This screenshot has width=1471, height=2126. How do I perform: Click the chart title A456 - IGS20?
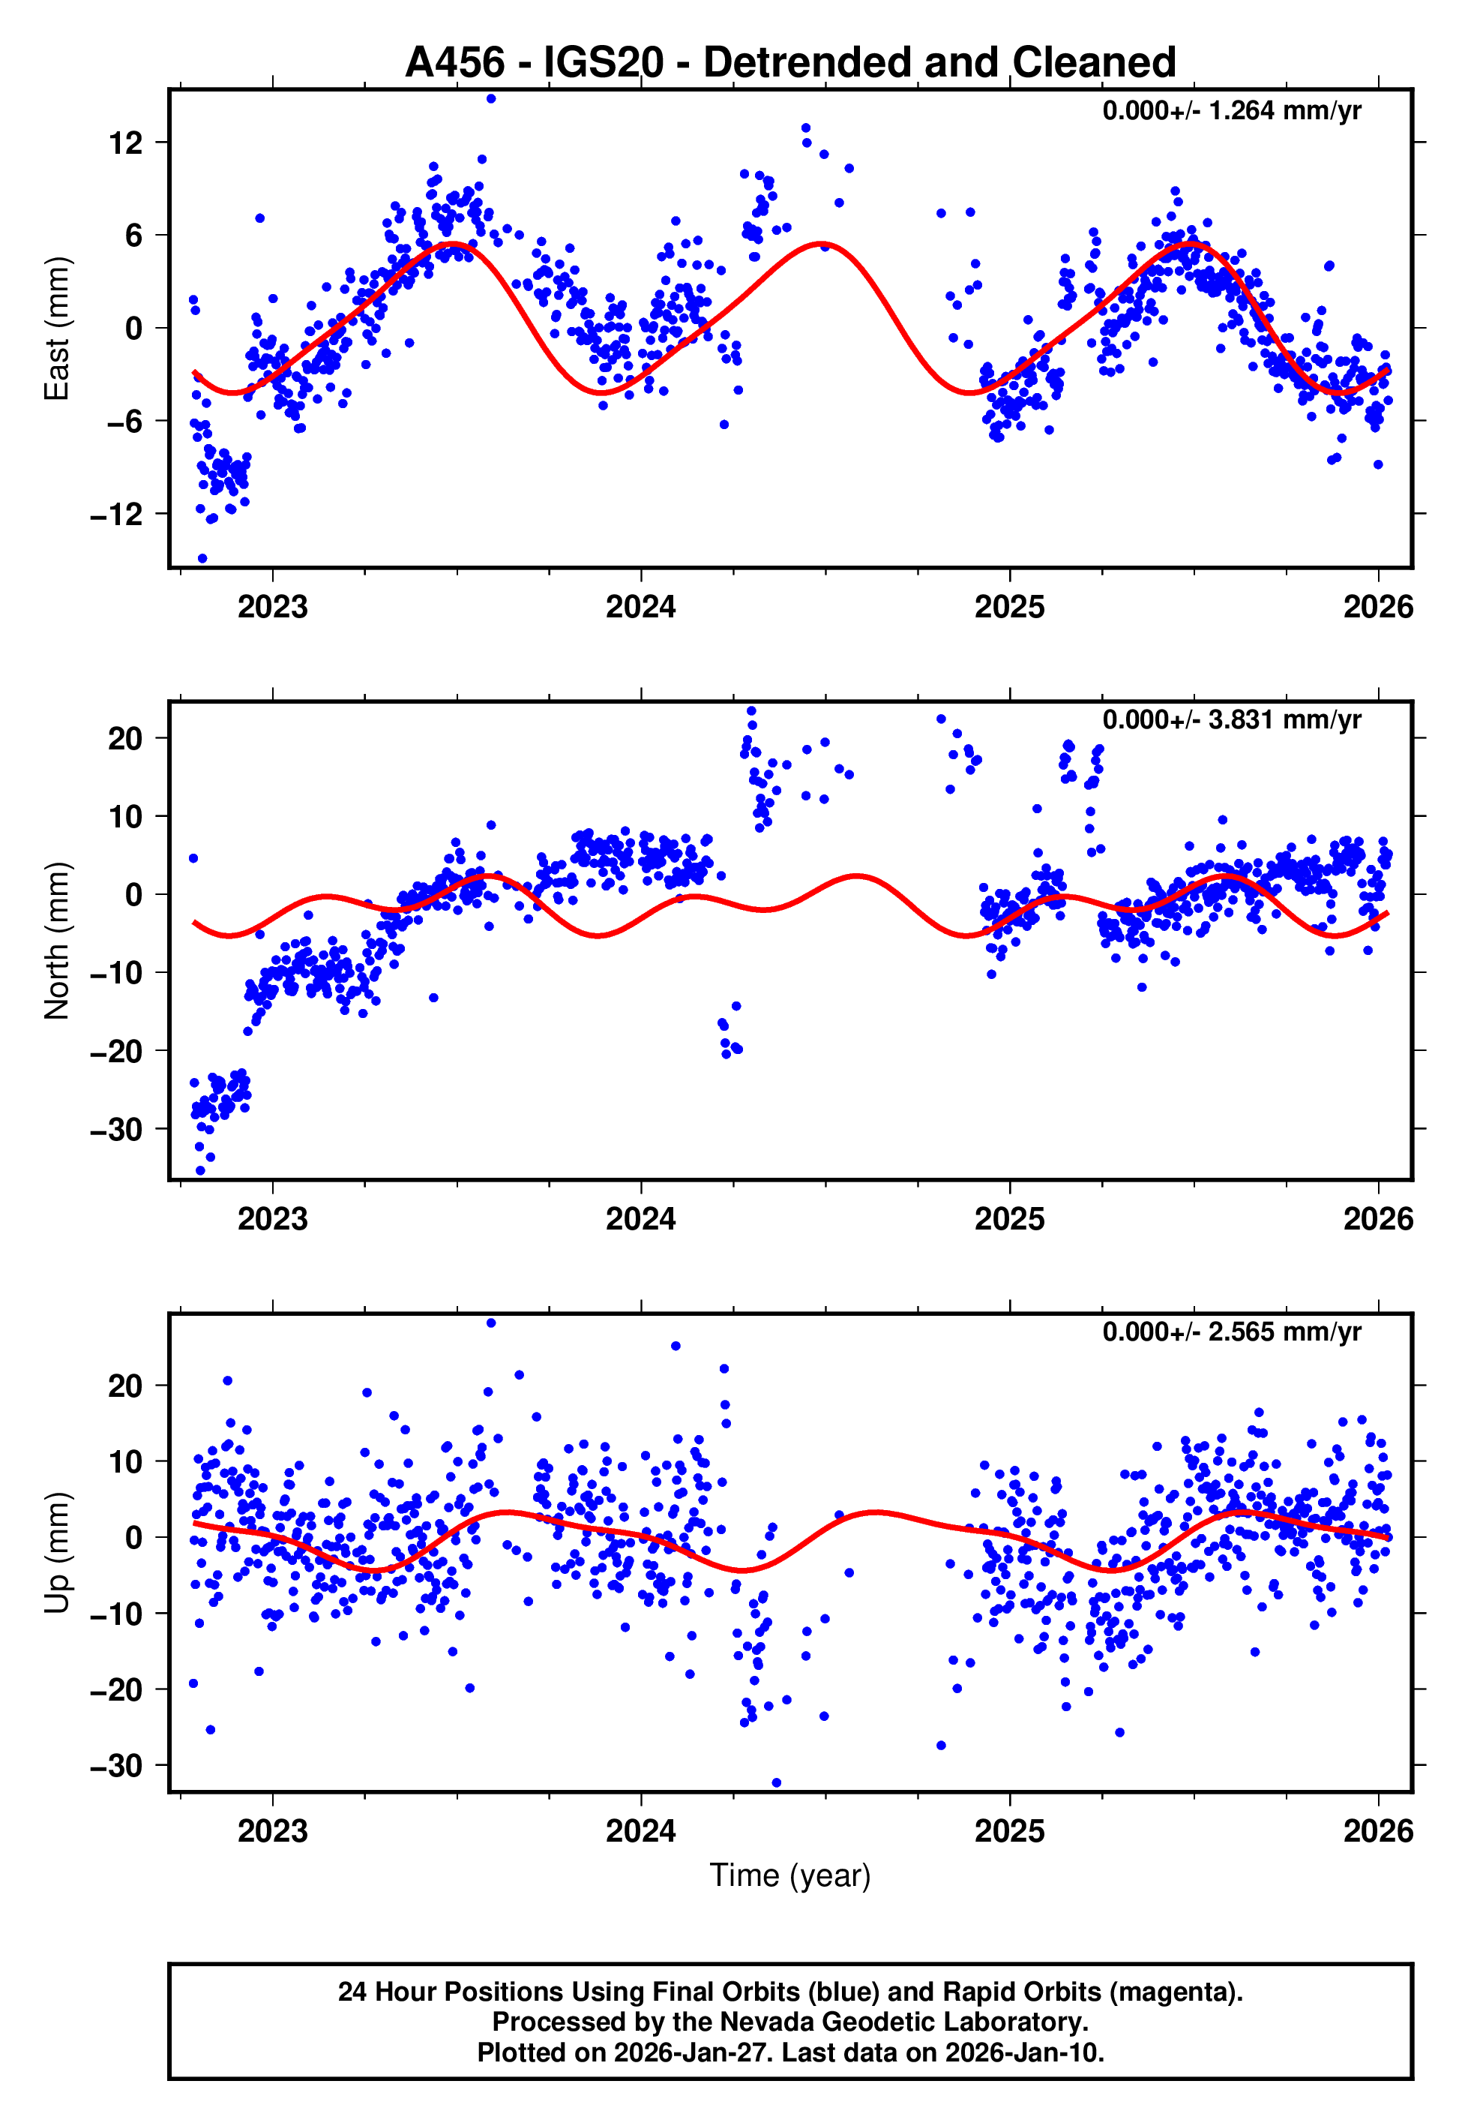tap(790, 63)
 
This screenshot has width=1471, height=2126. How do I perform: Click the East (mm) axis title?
tap(57, 329)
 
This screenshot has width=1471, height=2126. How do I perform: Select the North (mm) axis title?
tap(57, 941)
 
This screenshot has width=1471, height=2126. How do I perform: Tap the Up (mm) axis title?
tap(57, 1553)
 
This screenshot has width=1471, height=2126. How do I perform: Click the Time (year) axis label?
tap(790, 1875)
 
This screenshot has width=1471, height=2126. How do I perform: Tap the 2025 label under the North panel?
tap(1009, 1220)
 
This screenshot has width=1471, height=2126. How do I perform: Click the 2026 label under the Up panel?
tap(1378, 1831)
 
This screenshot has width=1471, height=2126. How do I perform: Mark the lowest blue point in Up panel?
tap(776, 1783)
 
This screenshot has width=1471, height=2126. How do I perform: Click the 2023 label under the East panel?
tap(272, 608)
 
